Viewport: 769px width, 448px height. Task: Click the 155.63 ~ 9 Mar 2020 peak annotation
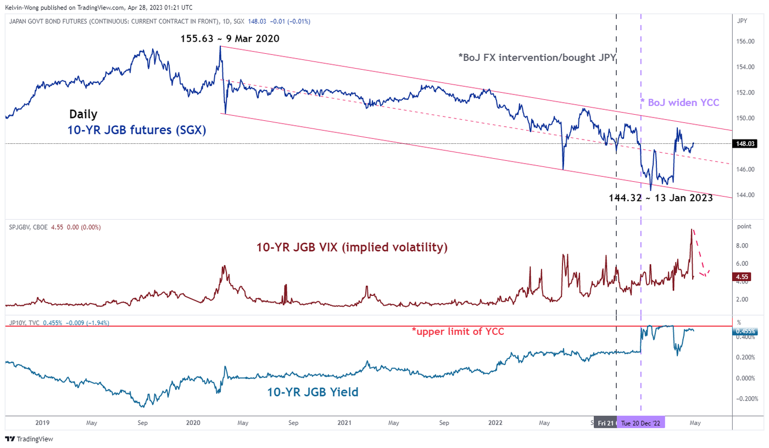pyautogui.click(x=230, y=39)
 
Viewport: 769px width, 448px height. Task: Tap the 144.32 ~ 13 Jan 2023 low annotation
pyautogui.click(x=661, y=198)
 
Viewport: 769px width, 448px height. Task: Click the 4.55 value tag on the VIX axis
pyautogui.click(x=743, y=277)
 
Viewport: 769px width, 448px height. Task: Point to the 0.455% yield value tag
pyautogui.click(x=745, y=331)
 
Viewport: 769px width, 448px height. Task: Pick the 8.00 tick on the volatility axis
pyautogui.click(x=743, y=246)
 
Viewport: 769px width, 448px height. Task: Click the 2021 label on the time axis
pyautogui.click(x=344, y=423)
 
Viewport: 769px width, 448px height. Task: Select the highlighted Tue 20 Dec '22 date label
pyautogui.click(x=641, y=423)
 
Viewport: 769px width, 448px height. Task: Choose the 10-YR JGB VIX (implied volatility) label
pyautogui.click(x=352, y=248)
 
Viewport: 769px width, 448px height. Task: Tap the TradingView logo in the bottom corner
pyautogui.click(x=29, y=439)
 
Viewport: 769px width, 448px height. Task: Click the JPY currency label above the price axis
pyautogui.click(x=742, y=21)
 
